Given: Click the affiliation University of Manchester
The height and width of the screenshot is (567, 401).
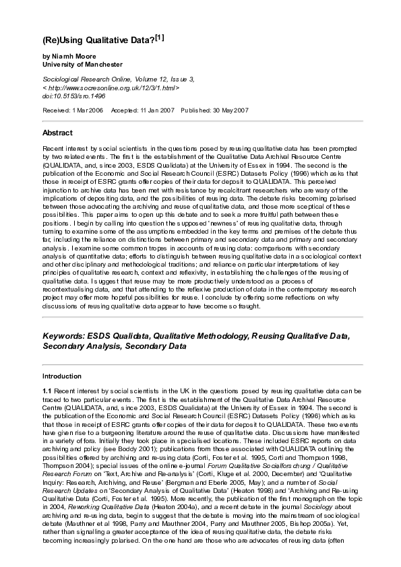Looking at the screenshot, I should pos(82,65).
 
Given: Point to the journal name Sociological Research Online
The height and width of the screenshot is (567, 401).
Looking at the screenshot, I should pos(84,79).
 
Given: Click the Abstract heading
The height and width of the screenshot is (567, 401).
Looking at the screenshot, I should pos(57,133).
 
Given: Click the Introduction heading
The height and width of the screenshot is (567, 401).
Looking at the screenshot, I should pos(62,376).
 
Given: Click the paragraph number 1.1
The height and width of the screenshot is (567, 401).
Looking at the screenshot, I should pos(47,391).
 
